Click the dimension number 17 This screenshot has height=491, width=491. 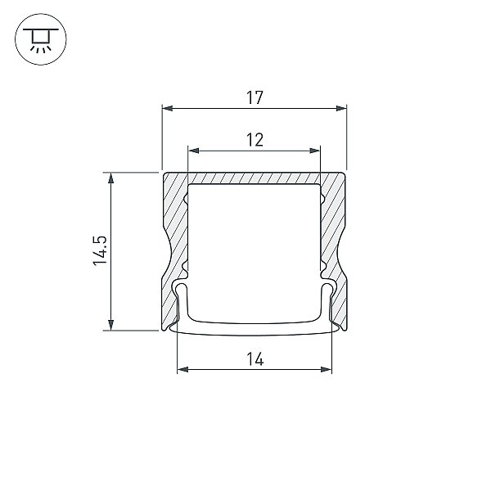255,97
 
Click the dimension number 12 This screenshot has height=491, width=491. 255,140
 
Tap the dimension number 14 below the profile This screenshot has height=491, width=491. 255,359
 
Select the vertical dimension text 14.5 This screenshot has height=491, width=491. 100,251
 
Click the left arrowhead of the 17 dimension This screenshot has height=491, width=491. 168,108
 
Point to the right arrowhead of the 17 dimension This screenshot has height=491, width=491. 341,108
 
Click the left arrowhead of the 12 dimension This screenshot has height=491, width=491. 193,151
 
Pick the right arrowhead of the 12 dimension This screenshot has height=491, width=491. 315,151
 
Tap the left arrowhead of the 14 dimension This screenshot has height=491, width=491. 182,370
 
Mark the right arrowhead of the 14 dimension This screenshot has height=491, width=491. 326,370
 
